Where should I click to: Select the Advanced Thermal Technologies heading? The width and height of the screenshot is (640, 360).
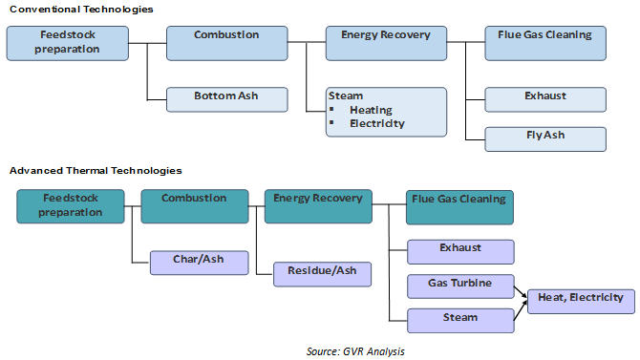coord(81,170)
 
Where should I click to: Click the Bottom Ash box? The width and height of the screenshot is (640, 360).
coord(225,96)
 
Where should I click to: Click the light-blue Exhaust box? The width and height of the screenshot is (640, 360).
coord(545,96)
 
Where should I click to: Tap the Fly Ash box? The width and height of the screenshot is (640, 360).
coord(545,137)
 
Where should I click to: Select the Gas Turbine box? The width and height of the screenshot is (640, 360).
coord(460,284)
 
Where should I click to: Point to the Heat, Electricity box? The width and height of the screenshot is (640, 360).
coord(580,299)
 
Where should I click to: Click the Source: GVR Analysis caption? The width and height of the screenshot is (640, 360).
coord(355,351)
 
